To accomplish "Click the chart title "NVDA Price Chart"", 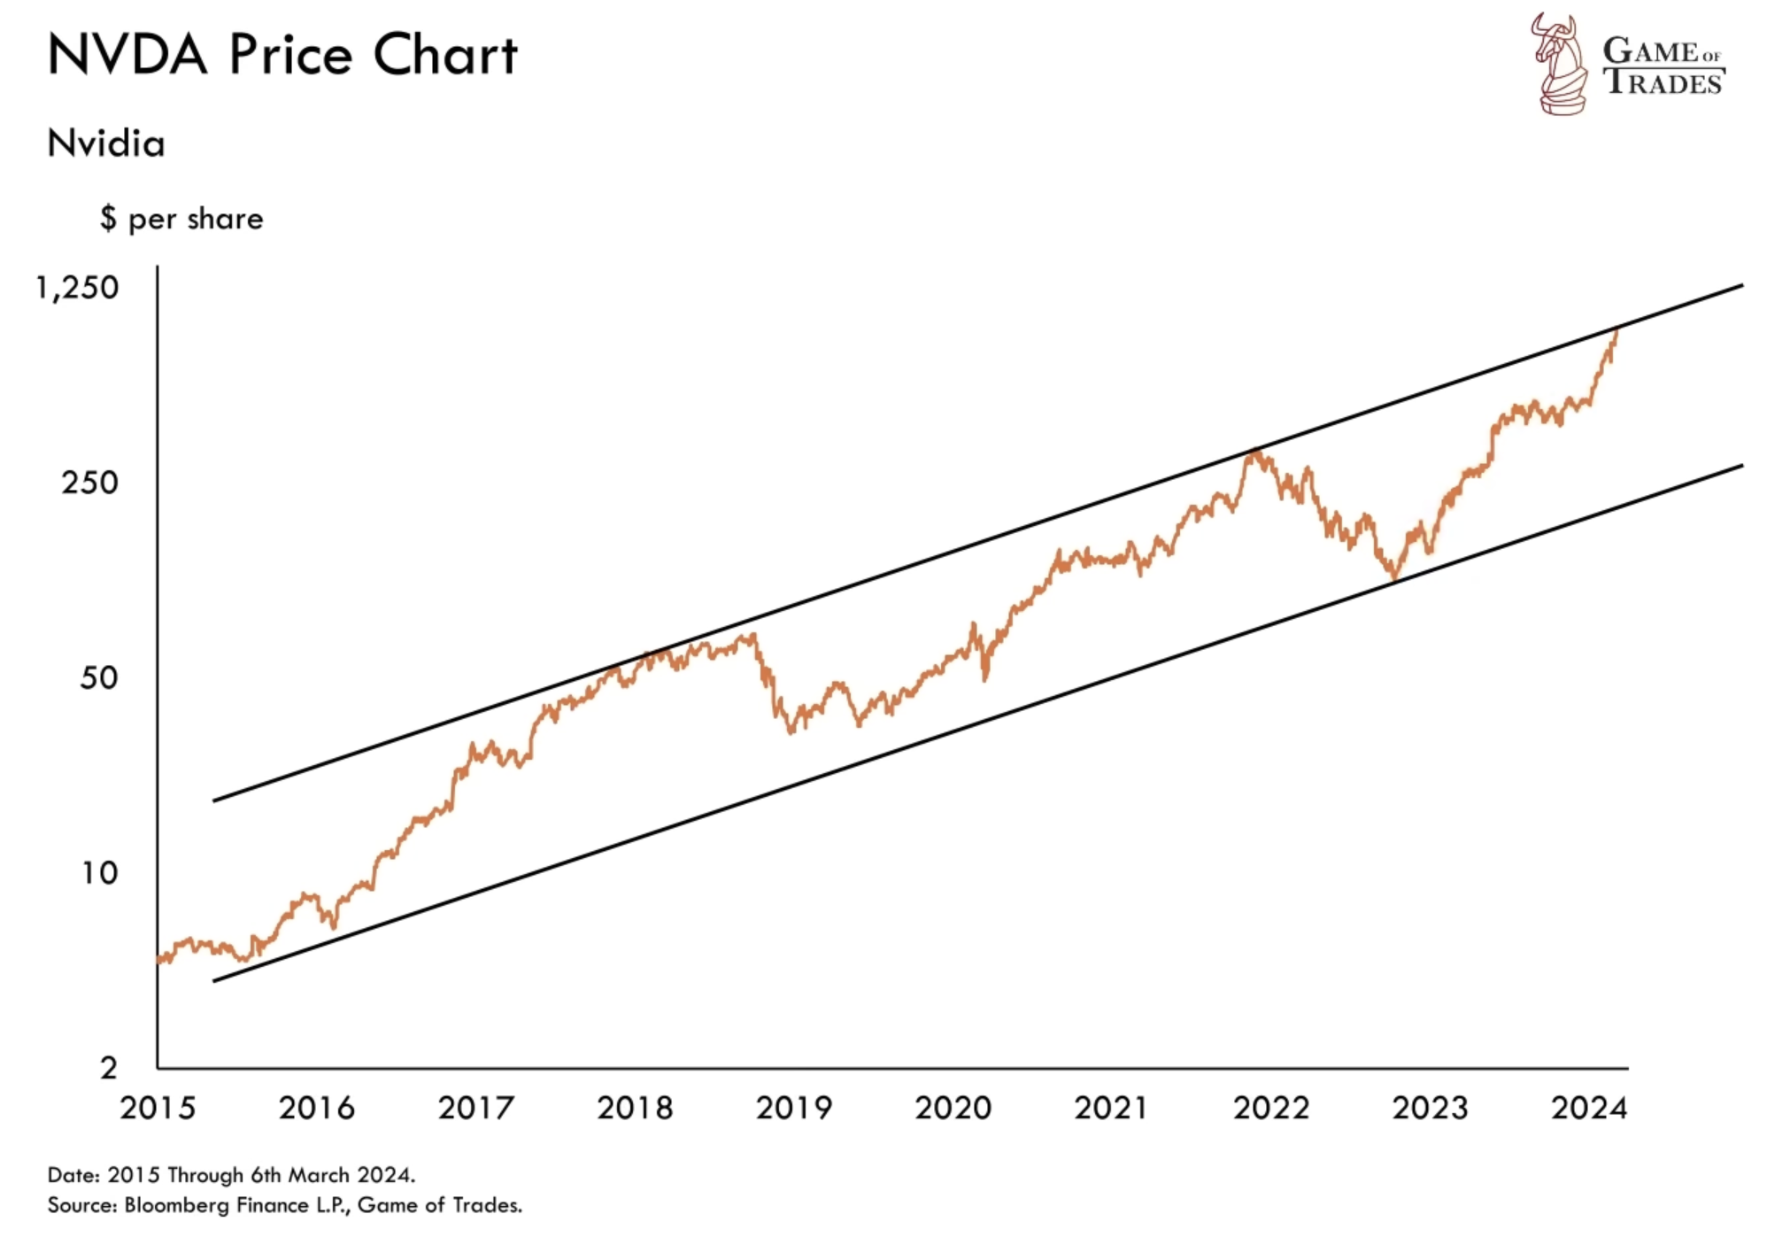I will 282,55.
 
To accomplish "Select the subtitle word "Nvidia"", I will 106,143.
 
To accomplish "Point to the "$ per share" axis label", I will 181,219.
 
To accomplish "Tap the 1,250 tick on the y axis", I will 77,288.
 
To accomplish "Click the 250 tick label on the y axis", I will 89,483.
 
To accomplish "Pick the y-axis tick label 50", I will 98,678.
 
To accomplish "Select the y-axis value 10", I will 99,873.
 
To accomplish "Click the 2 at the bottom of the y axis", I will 108,1068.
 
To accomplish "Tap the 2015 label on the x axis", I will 158,1108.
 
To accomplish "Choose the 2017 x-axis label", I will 475,1108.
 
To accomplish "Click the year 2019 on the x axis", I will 794,1108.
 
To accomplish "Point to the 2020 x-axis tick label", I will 953,1108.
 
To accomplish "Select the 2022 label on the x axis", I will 1271,1108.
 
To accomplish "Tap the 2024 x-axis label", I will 1589,1108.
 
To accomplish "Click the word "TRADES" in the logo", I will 1663,82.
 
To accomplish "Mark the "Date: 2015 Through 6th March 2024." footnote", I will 231,1175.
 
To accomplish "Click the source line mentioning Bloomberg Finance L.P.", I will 284,1205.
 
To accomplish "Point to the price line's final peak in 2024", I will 1617,330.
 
